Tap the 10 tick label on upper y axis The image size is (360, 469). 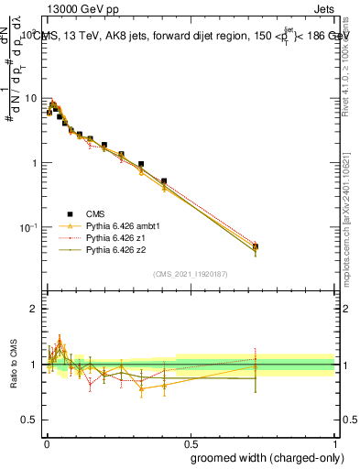pos(29,98)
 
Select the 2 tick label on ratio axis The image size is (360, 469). pos(34,309)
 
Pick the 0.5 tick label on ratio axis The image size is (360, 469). pos(30,420)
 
